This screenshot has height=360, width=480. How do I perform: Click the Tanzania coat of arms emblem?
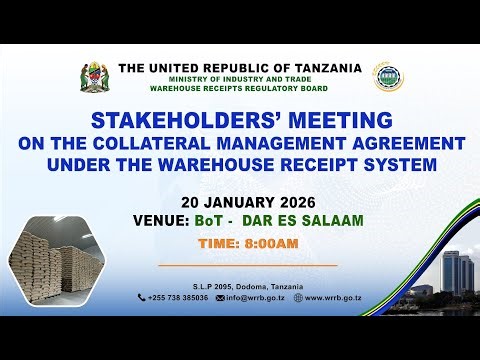tap(97, 79)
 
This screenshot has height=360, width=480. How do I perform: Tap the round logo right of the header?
tap(384, 79)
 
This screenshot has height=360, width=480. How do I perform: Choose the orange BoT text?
tap(221, 219)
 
